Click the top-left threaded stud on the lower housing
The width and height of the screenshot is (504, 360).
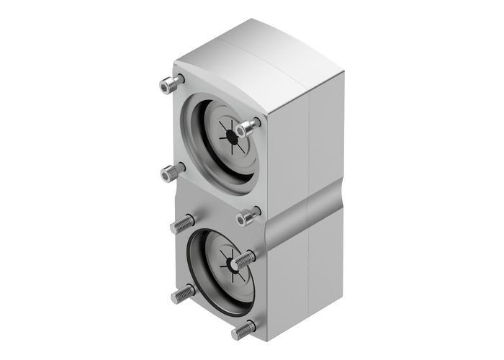tap(179, 225)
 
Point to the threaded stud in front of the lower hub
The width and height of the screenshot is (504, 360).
tap(245, 256)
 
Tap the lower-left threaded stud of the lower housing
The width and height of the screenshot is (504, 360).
tap(181, 295)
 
